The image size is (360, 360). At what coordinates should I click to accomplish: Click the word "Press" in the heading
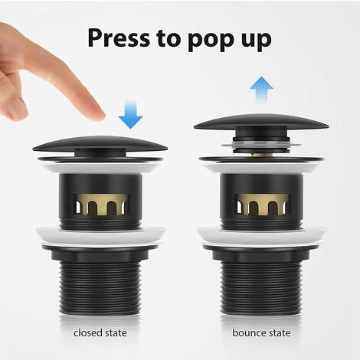tap(119, 38)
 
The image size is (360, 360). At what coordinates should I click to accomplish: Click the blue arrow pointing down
tap(130, 114)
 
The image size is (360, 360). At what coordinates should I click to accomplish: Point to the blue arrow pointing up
tap(261, 90)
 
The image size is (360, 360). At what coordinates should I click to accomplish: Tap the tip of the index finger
tap(101, 116)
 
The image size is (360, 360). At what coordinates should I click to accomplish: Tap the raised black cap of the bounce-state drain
tap(261, 122)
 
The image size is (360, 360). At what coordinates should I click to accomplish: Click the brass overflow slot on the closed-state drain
tap(100, 204)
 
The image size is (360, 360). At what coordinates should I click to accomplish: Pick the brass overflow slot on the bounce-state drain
tap(262, 204)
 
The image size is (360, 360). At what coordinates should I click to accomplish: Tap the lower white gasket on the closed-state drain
tap(100, 237)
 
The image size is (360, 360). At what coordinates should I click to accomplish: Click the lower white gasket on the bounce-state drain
tap(261, 237)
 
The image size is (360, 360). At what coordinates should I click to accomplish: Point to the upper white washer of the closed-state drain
tap(100, 168)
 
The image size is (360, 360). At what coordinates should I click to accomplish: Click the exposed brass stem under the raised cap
tap(261, 155)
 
